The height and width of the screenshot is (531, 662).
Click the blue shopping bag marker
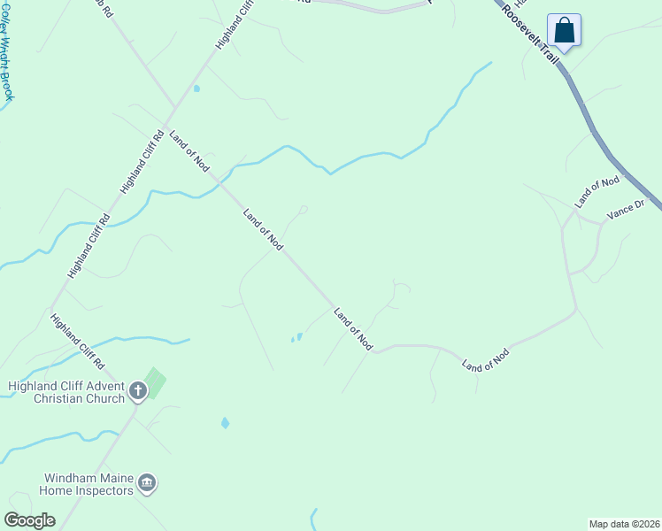pyautogui.click(x=564, y=31)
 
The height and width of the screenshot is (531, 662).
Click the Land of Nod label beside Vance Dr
pyautogui.click(x=597, y=192)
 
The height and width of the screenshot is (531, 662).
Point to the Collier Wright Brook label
pyautogui.click(x=6, y=49)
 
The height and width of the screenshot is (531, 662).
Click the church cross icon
pyautogui.click(x=137, y=389)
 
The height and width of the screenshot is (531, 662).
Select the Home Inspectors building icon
pyautogui.click(x=148, y=483)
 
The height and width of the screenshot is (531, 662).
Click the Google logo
pyautogui.click(x=29, y=520)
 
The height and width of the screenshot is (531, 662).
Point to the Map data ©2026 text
pyautogui.click(x=624, y=523)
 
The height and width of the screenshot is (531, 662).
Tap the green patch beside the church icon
pyautogui.click(x=155, y=383)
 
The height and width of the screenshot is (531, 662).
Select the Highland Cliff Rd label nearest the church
pyautogui.click(x=78, y=342)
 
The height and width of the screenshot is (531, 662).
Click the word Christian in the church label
pyautogui.click(x=65, y=399)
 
